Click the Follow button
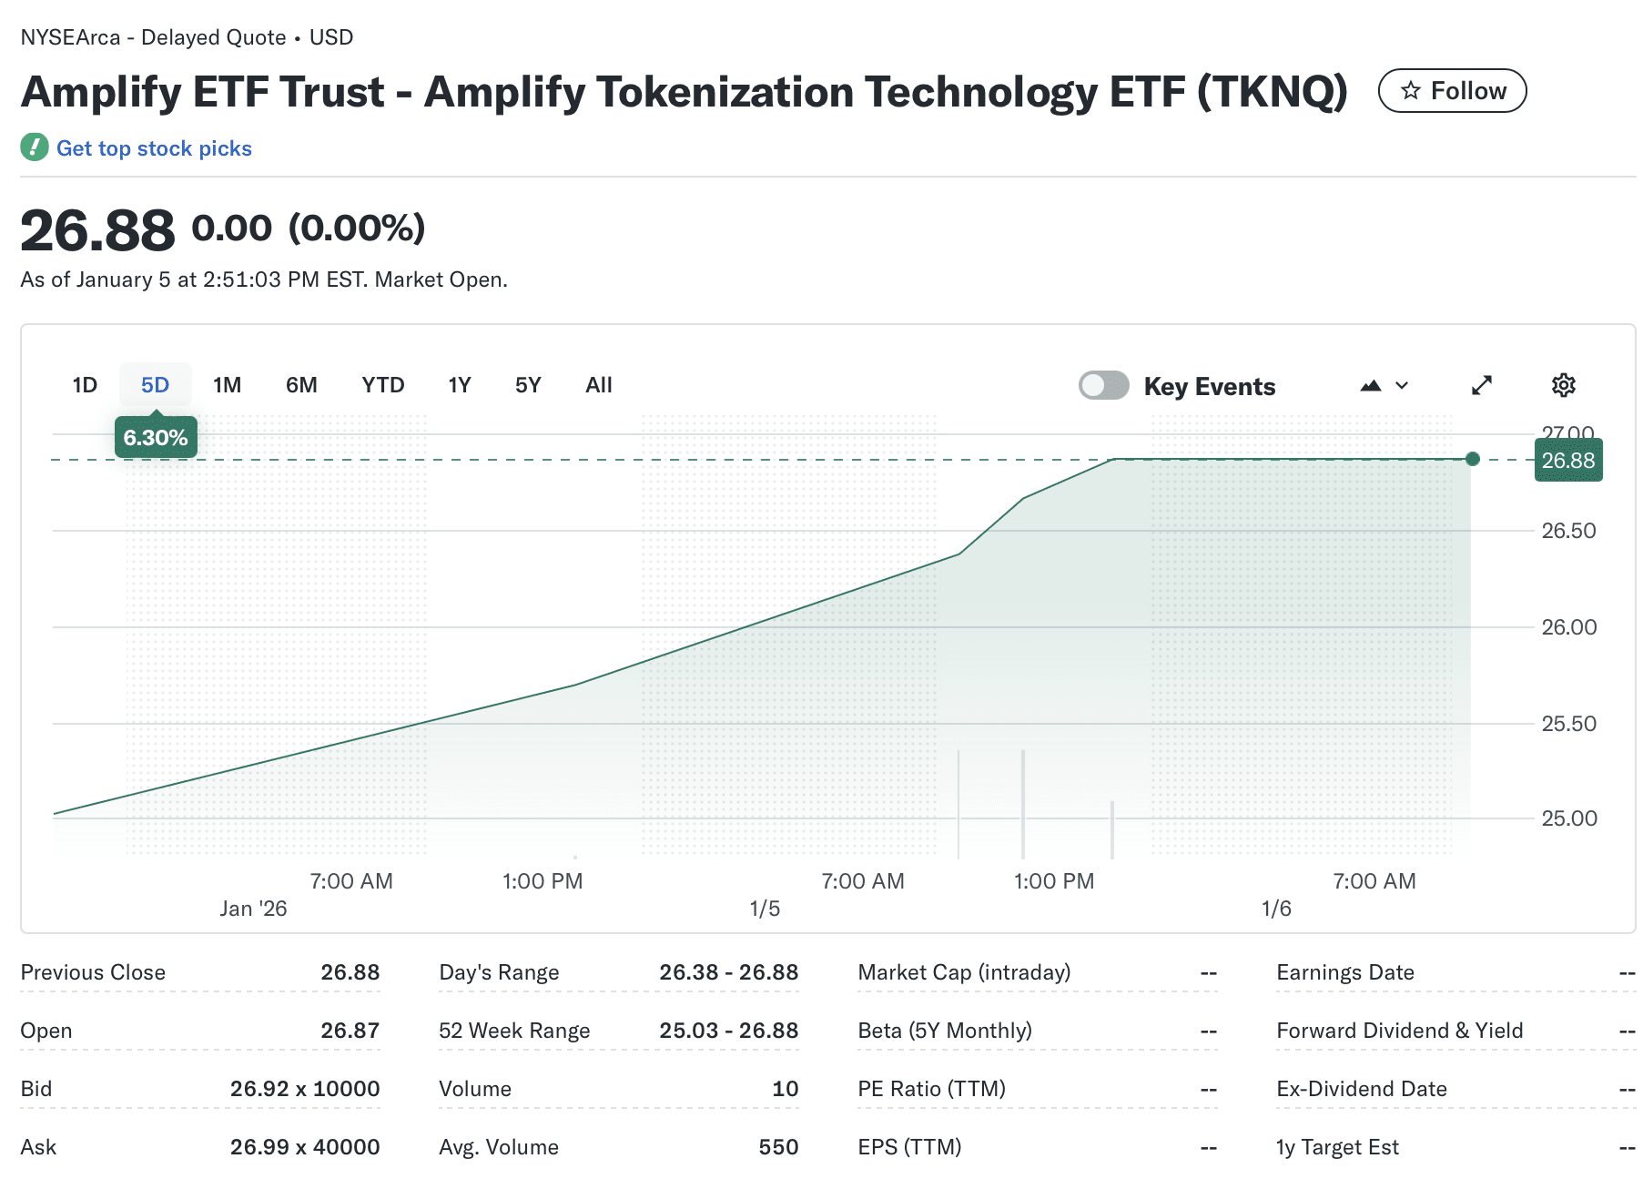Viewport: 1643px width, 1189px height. point(1452,91)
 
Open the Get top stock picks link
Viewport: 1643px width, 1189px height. point(154,148)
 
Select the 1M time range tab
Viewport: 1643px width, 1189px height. point(227,385)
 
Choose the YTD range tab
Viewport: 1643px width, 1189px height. point(382,385)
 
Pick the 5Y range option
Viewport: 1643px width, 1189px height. point(528,385)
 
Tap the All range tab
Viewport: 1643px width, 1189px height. point(598,385)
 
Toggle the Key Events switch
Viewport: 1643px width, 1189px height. point(1103,385)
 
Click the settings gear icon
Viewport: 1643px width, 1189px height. point(1563,385)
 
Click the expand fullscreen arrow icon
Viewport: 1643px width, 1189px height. point(1482,385)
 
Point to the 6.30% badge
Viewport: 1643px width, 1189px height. point(156,438)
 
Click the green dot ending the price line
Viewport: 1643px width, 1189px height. point(1472,459)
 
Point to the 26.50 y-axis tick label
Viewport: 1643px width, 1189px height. point(1568,531)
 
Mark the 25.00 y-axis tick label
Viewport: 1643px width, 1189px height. point(1568,818)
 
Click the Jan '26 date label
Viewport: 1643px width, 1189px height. point(253,909)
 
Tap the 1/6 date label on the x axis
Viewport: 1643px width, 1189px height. point(1276,909)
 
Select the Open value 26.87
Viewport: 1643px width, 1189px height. point(350,1031)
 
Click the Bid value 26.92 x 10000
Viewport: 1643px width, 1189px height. point(305,1089)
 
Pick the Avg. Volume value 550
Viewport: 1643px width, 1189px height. point(778,1147)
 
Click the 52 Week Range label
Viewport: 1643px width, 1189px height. point(514,1031)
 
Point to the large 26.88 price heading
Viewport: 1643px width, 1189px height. point(97,230)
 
